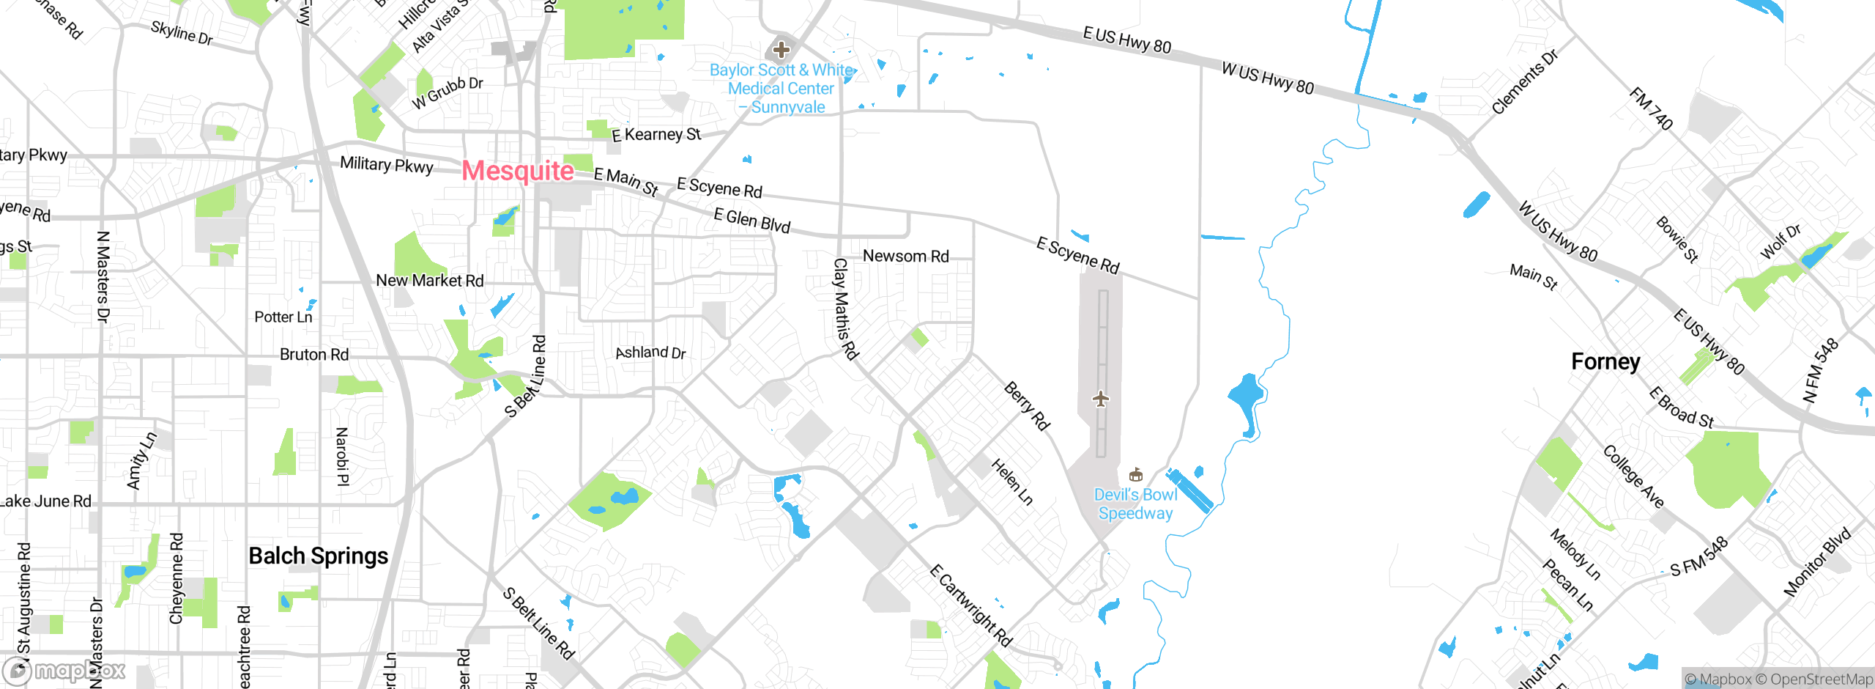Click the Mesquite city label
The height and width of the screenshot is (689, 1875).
point(518,171)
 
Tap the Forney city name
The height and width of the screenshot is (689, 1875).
point(1605,361)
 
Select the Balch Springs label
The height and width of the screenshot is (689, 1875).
point(319,556)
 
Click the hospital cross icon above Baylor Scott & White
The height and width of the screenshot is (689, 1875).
point(781,50)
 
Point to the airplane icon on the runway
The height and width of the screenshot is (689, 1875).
point(1100,399)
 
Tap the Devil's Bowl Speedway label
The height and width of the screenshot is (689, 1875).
point(1135,504)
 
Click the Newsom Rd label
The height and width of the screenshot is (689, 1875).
point(905,256)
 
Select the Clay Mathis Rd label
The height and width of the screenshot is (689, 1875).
point(845,309)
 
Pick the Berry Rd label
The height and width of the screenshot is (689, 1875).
point(1027,405)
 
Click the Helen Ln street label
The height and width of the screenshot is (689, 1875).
point(1012,482)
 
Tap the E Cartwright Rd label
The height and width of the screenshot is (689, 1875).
point(971,605)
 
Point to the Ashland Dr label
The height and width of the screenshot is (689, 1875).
point(650,353)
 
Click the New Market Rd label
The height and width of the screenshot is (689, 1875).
point(430,280)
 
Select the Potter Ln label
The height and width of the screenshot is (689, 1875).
point(283,317)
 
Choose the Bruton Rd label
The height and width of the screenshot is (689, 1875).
point(314,355)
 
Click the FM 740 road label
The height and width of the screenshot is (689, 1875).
point(1651,108)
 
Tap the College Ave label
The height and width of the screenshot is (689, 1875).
point(1633,476)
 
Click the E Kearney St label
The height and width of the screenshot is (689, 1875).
point(656,134)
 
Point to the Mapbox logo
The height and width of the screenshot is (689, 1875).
point(64,671)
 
